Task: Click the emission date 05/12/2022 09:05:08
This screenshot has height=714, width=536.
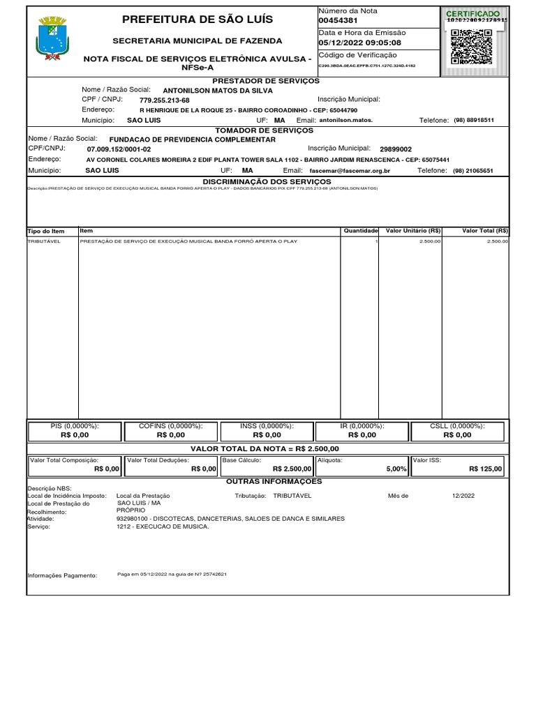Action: tap(360, 43)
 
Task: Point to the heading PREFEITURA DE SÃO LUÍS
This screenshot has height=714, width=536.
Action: tap(198, 19)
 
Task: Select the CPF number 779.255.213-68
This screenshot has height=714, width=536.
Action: tap(165, 100)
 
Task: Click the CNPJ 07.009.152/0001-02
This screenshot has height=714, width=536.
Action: tap(119, 149)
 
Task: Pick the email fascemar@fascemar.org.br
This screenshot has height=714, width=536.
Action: tap(349, 171)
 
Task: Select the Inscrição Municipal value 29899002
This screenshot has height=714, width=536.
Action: tap(396, 149)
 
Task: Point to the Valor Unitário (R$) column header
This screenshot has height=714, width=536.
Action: tap(412, 231)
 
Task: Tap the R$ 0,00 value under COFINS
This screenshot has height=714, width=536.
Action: tap(171, 435)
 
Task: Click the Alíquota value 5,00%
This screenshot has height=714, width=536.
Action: tap(396, 469)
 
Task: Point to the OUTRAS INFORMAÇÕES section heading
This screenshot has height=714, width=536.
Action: tap(274, 482)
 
